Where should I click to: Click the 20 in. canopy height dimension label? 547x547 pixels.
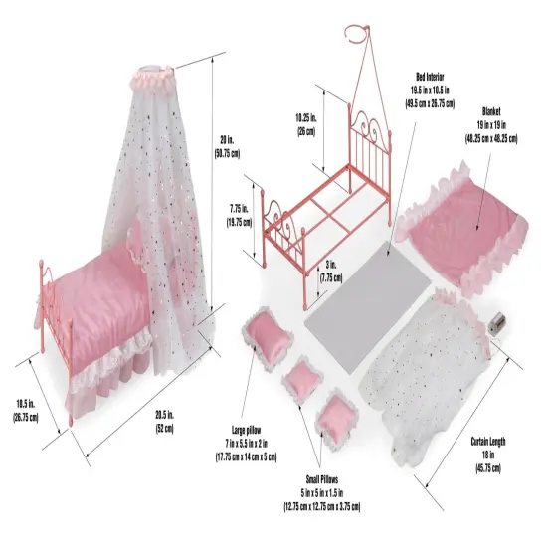(227, 147)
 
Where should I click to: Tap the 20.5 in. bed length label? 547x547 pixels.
(165, 422)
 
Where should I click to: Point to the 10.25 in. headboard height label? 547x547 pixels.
(306, 124)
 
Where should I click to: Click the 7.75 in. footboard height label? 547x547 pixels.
(239, 216)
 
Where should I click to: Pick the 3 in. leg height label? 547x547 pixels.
(331, 272)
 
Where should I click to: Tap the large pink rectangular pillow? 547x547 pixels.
(268, 336)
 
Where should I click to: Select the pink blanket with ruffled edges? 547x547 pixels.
(464, 227)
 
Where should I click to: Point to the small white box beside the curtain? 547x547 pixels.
(498, 322)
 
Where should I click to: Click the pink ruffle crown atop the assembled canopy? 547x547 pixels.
(152, 79)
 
